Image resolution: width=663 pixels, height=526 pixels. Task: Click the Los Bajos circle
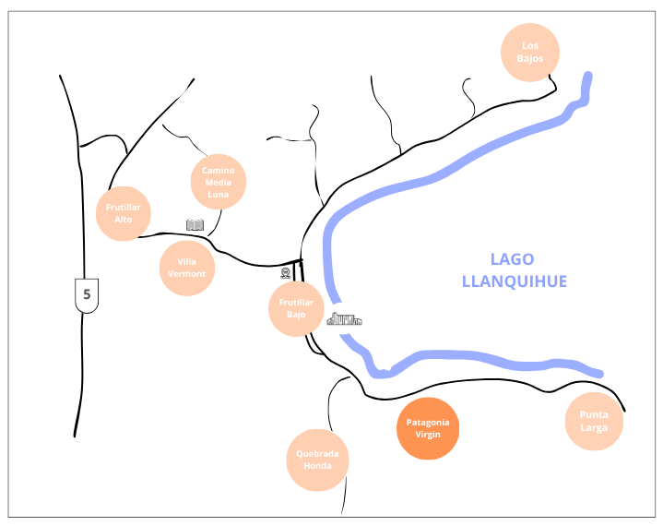529,52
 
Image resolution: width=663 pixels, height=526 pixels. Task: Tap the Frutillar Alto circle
124,213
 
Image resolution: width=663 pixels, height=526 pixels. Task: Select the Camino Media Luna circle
219,182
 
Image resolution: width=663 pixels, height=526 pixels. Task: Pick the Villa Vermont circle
186,269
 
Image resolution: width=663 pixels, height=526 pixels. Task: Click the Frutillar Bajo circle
296,308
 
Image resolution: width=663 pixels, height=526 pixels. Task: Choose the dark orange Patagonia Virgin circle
428,428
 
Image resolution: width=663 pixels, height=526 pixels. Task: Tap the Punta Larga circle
594,422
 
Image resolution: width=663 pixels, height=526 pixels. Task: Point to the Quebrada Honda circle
318,460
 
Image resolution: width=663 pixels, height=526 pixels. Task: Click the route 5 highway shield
87,294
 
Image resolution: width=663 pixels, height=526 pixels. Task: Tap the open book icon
195,224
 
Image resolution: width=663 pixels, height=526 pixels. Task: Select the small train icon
285,273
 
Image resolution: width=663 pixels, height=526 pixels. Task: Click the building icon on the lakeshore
344,319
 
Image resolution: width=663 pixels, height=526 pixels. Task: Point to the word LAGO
512,259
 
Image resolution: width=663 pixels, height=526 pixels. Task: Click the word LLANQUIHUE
514,281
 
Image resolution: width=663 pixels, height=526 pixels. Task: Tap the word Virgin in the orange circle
428,434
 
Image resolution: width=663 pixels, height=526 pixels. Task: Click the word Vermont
186,274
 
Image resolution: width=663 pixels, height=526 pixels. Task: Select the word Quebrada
318,454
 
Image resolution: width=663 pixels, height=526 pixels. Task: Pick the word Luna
219,194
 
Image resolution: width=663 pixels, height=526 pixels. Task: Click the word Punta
594,415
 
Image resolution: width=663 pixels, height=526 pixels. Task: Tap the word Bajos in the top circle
529,58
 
